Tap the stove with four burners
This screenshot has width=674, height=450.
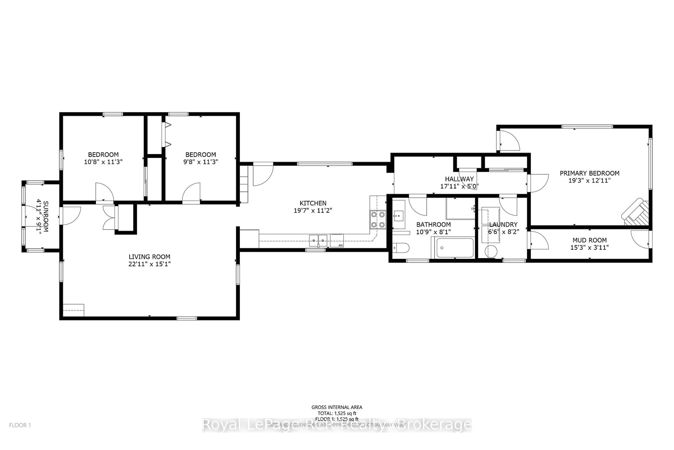378,220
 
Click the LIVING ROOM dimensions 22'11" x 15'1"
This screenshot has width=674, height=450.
149,264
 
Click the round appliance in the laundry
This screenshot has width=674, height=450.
491,251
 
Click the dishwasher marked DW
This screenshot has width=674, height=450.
337,240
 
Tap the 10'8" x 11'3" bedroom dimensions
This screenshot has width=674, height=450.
103,162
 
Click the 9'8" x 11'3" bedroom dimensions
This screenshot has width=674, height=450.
201,162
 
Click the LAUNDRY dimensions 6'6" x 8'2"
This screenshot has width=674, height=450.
504,232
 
